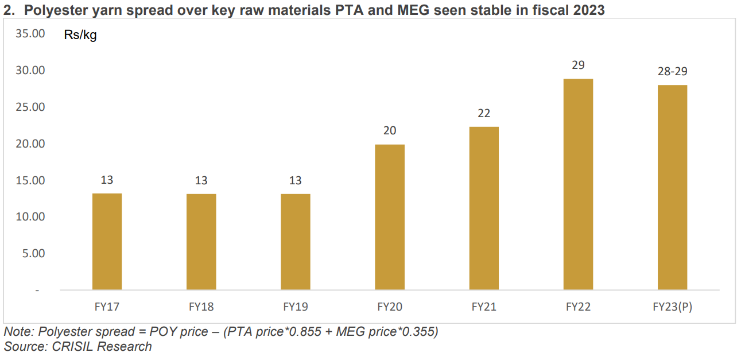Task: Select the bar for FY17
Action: click(x=107, y=241)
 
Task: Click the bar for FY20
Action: click(x=389, y=217)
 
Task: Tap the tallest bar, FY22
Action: click(x=578, y=184)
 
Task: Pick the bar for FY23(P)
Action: click(x=672, y=187)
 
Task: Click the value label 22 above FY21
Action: click(x=484, y=114)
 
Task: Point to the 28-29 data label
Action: click(x=672, y=72)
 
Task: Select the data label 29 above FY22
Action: click(x=578, y=65)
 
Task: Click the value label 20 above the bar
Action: click(x=389, y=131)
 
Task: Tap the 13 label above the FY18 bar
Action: click(x=201, y=180)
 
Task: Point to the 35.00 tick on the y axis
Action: click(x=30, y=34)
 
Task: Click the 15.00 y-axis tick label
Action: click(x=30, y=180)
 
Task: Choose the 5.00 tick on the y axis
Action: click(x=33, y=253)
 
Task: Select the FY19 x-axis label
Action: click(x=295, y=307)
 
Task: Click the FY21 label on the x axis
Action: click(x=484, y=307)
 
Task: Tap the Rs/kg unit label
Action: click(x=80, y=36)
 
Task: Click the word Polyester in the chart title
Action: click(x=51, y=10)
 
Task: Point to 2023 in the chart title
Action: click(x=589, y=10)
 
